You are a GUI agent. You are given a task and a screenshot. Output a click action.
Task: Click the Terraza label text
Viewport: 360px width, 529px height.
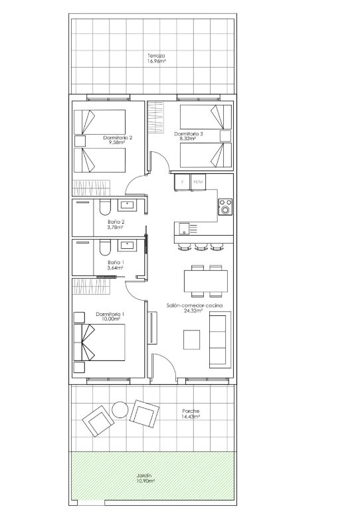point(156,56)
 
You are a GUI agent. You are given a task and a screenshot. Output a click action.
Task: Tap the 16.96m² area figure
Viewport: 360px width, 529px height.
point(156,62)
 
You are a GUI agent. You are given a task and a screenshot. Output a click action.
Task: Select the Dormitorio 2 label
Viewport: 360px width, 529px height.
point(118,137)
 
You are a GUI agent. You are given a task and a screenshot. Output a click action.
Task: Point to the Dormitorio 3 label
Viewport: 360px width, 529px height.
point(189,134)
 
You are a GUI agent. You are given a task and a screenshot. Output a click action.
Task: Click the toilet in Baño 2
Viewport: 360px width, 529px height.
point(105,208)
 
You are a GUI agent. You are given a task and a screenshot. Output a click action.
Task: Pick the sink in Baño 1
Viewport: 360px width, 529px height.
point(128,246)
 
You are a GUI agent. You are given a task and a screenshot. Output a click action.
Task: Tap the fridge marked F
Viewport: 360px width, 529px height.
point(183,182)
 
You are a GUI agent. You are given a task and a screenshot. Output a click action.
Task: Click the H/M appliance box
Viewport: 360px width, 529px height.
point(198,182)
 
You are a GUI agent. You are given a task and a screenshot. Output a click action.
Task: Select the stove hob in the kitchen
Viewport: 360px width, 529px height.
point(225,207)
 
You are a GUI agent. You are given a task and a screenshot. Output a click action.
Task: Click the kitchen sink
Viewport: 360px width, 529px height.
point(185,228)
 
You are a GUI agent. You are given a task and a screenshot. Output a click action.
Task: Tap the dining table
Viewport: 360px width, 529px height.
point(206,281)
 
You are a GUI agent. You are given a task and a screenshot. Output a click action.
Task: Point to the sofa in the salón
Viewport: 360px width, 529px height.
point(220,340)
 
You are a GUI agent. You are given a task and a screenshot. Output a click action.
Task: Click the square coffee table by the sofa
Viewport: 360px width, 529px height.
point(191,340)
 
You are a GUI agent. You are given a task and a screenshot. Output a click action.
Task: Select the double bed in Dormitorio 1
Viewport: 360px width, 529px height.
point(99,342)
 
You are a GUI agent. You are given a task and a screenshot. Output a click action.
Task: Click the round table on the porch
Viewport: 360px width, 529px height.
point(120,410)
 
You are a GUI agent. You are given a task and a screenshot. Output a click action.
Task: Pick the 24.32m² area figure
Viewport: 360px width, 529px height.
point(194,311)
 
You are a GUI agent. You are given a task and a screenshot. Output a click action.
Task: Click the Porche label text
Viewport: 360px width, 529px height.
point(191,412)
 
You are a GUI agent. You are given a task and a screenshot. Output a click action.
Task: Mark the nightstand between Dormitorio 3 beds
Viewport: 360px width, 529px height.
point(226,136)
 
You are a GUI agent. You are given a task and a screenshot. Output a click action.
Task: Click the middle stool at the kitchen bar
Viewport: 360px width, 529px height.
point(201,247)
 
